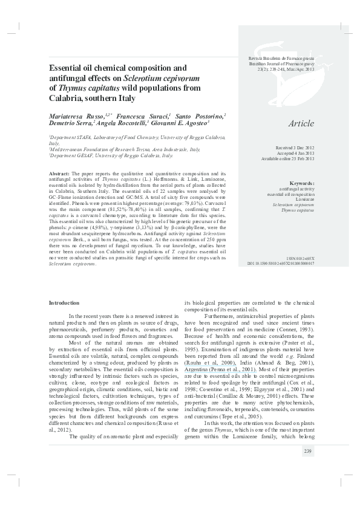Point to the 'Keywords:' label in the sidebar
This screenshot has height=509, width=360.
pyautogui.click(x=301, y=183)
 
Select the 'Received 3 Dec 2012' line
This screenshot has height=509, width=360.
pyautogui.click(x=296, y=148)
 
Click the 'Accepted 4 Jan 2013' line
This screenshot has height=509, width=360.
pyautogui.click(x=296, y=153)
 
